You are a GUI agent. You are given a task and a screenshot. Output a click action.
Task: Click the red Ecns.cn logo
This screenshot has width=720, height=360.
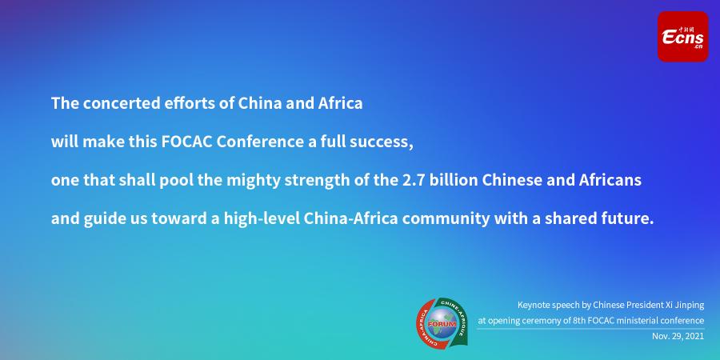point(682,37)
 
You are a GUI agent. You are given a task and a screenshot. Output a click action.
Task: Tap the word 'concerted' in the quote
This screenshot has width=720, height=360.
point(122,103)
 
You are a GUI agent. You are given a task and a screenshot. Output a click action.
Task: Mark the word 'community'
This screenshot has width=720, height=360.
point(446,219)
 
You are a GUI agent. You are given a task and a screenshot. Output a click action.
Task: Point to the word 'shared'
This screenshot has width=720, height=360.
point(566,218)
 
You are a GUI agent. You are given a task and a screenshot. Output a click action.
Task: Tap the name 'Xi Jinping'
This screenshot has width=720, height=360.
point(687,306)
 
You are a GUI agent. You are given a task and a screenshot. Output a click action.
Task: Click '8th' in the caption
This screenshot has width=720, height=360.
point(578,321)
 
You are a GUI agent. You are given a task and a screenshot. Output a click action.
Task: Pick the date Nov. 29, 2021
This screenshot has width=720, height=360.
point(678,336)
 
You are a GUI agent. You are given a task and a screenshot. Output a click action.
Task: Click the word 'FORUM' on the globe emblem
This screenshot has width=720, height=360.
point(442,324)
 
